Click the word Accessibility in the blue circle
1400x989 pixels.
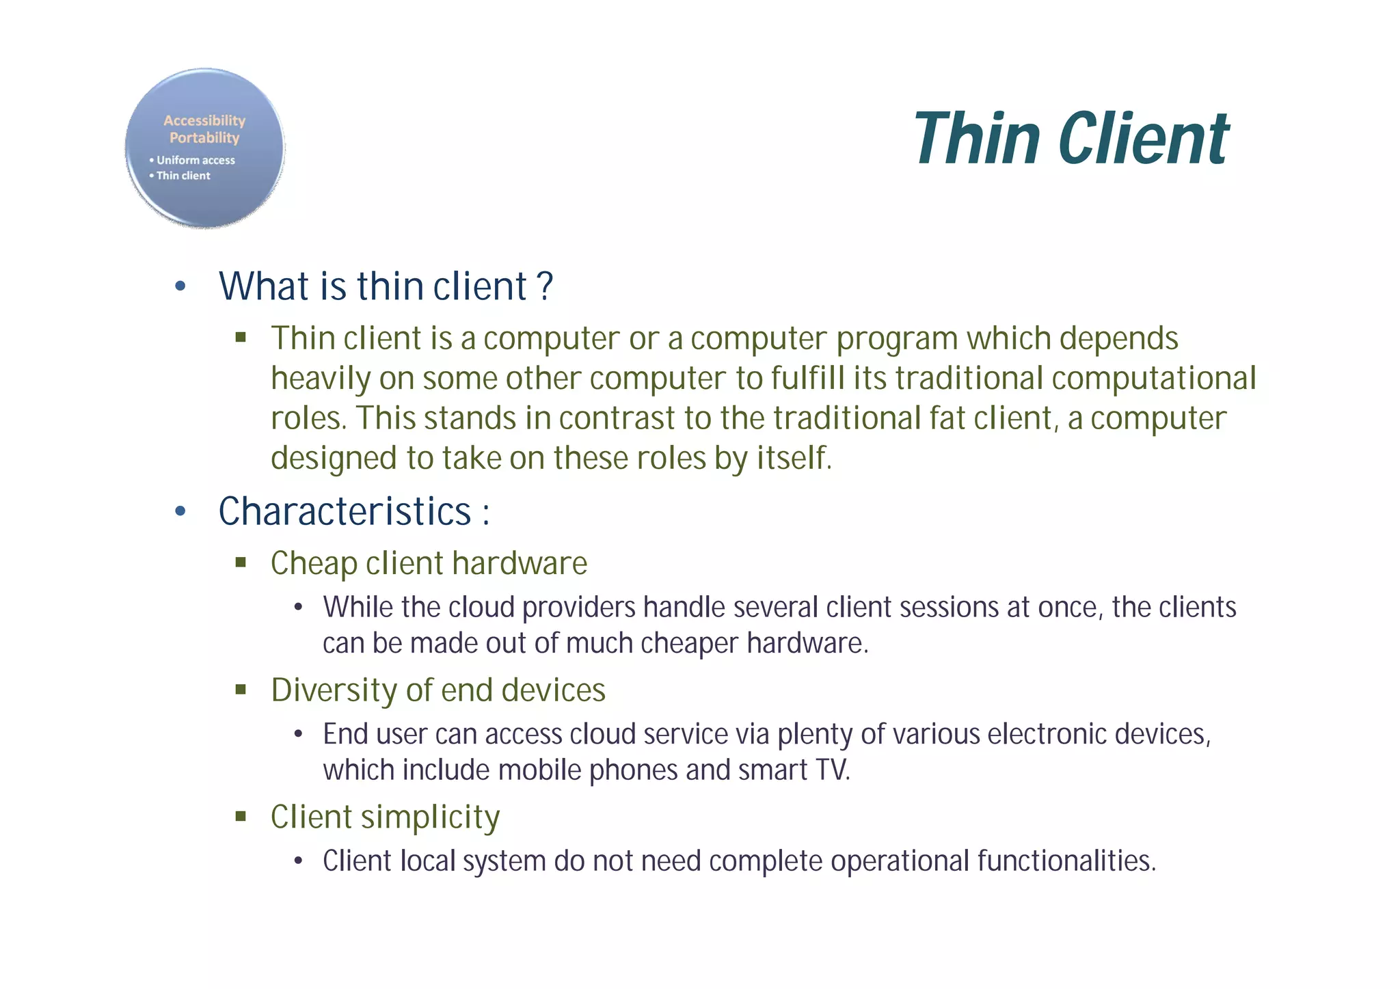pyautogui.click(x=204, y=120)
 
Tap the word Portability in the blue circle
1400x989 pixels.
pyautogui.click(x=204, y=138)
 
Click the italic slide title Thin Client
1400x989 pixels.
pyautogui.click(x=1071, y=139)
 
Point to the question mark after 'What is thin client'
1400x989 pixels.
pyautogui.click(x=545, y=286)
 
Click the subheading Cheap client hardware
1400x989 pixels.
pyautogui.click(x=429, y=564)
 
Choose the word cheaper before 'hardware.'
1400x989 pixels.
pyautogui.click(x=690, y=644)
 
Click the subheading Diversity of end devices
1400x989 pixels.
pyautogui.click(x=438, y=690)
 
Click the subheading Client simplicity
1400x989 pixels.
pyautogui.click(x=385, y=817)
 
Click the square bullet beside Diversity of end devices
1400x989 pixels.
pyautogui.click(x=241, y=689)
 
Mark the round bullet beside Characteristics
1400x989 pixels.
pyautogui.click(x=180, y=511)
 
